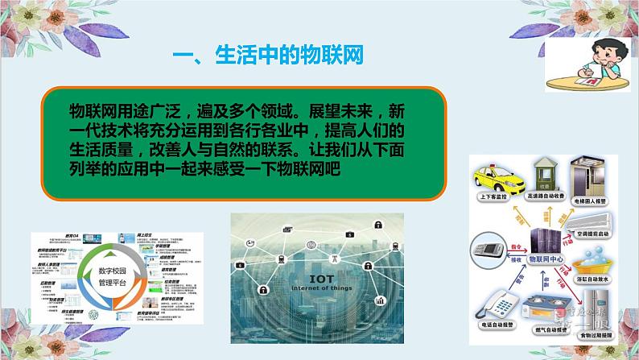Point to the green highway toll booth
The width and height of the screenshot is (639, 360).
550,174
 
